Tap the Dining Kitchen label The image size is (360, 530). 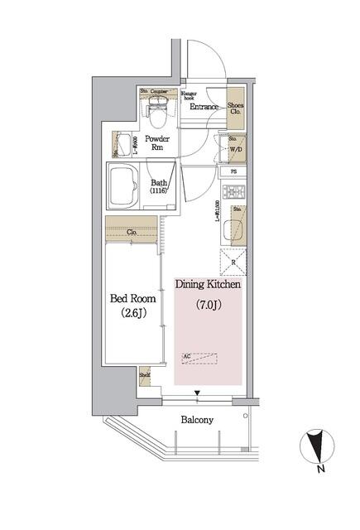pyautogui.click(x=208, y=284)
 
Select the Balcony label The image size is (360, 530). pyautogui.click(x=197, y=420)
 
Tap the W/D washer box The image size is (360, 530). pyautogui.click(x=236, y=150)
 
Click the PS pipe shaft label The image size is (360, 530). pyautogui.click(x=234, y=171)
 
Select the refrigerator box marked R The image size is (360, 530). pyautogui.click(x=234, y=263)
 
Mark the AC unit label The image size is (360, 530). pyautogui.click(x=188, y=357)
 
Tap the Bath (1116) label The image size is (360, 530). pyautogui.click(x=159, y=186)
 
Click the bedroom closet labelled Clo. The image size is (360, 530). pyautogui.click(x=132, y=233)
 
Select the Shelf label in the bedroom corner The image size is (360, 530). pyautogui.click(x=144, y=374)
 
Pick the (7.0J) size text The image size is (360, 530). pyautogui.click(x=208, y=305)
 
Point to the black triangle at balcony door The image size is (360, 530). pyautogui.click(x=197, y=393)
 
